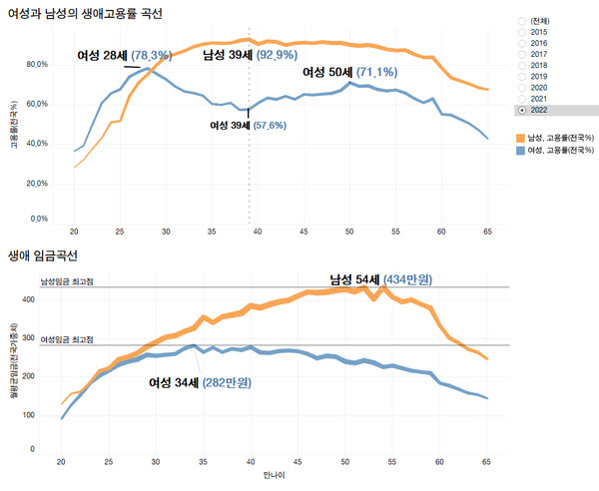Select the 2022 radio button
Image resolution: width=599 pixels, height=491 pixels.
pyautogui.click(x=521, y=109)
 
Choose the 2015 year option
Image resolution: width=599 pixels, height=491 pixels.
pyautogui.click(x=521, y=32)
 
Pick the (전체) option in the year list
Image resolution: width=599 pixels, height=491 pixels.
pyautogui.click(x=521, y=20)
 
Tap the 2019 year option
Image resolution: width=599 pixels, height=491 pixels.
pyautogui.click(x=521, y=76)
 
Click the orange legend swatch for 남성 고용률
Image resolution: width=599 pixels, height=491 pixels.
pyautogui.click(x=521, y=136)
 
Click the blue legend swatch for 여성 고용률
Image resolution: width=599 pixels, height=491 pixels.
pyautogui.click(x=521, y=149)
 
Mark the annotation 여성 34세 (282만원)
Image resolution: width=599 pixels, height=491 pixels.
pyautogui.click(x=199, y=382)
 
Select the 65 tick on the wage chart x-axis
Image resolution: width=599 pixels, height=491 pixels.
pyautogui.click(x=487, y=462)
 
